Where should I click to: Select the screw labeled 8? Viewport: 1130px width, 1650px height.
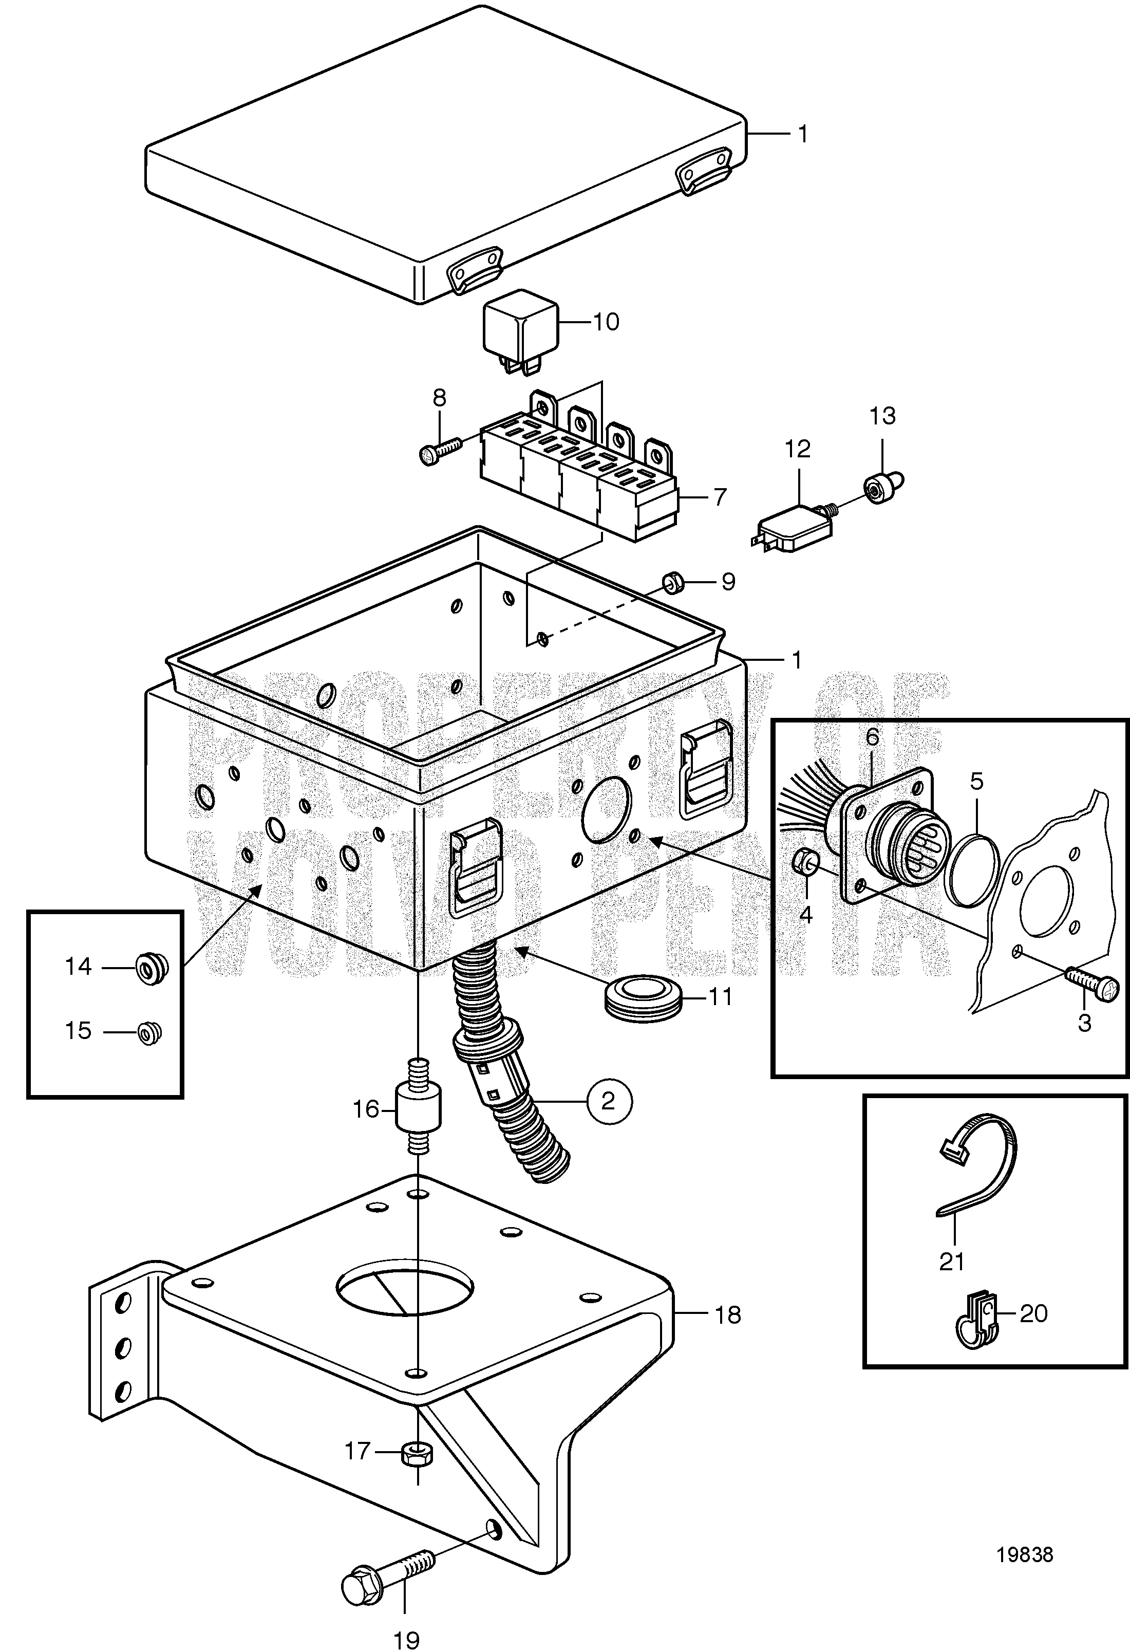pyautogui.click(x=440, y=450)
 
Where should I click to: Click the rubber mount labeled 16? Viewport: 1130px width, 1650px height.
pyautogui.click(x=418, y=1113)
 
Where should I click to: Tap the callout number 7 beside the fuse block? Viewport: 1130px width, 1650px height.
pyautogui.click(x=720, y=497)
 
